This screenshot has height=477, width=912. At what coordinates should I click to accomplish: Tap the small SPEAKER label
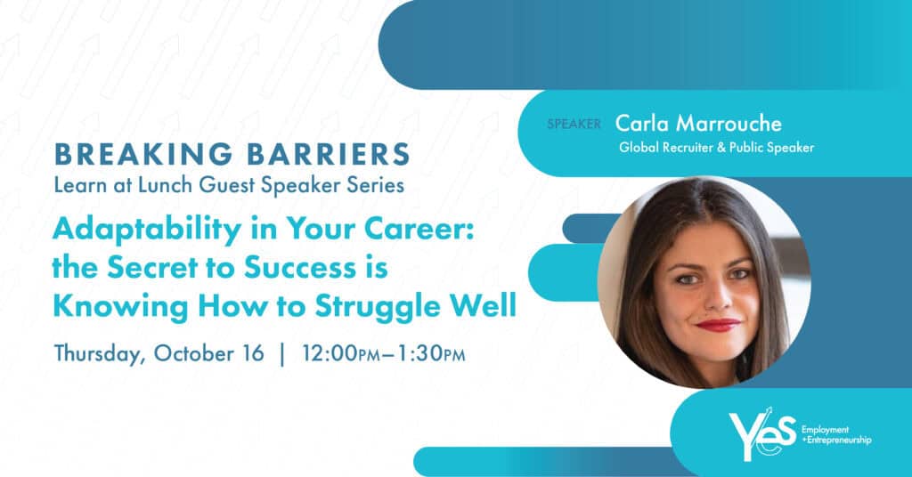[x=574, y=124]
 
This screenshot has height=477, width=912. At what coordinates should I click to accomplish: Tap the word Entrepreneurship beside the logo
[x=837, y=441]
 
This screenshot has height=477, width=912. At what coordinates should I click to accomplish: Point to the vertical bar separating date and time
[x=283, y=353]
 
